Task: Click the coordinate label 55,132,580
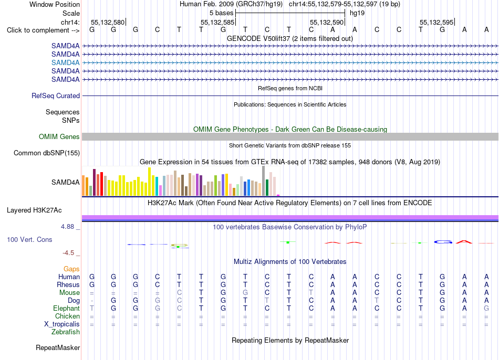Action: pyautogui.click(x=108, y=22)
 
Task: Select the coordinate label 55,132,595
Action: pyautogui.click(x=436, y=22)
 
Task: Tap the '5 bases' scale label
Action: pyautogui.click(x=221, y=13)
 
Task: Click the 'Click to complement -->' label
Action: pyautogui.click(x=43, y=30)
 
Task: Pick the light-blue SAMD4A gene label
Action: pyautogui.click(x=66, y=62)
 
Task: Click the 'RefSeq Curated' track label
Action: pyautogui.click(x=56, y=96)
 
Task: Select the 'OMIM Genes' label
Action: pyautogui.click(x=59, y=137)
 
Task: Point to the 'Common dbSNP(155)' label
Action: pyautogui.click(x=47, y=153)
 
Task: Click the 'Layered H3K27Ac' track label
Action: pyautogui.click(x=34, y=210)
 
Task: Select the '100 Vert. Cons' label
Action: pyautogui.click(x=29, y=239)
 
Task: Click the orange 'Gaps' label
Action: pyautogui.click(x=71, y=269)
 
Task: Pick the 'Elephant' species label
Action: pyautogui.click(x=67, y=309)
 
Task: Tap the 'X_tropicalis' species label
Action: pyautogui.click(x=62, y=324)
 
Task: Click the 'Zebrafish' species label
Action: pyautogui.click(x=66, y=332)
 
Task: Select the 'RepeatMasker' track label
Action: pyautogui.click(x=58, y=347)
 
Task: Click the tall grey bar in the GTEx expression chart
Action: pyautogui.click(x=264, y=181)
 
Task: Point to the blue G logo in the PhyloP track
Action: pyautogui.click(x=443, y=242)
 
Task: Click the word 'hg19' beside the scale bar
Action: pyautogui.click(x=357, y=13)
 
